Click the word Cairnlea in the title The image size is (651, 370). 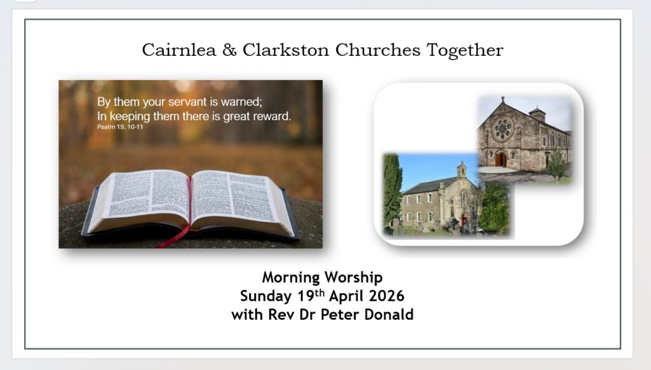[179, 50]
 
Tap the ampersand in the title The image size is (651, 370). [229, 50]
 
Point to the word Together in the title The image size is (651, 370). [465, 51]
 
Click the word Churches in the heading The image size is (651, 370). [378, 50]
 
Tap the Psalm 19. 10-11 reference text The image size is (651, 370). [120, 127]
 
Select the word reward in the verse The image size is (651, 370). [271, 116]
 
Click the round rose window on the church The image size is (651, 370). [503, 129]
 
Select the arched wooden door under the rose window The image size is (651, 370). [501, 159]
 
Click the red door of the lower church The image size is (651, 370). [462, 221]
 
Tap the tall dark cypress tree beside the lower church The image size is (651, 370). [392, 190]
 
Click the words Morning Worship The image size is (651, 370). [322, 277]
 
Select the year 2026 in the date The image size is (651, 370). [386, 296]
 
